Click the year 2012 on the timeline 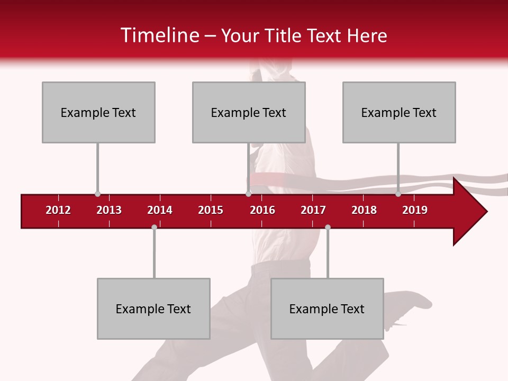coord(58,210)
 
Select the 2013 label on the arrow coord(109,210)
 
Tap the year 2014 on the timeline coord(160,210)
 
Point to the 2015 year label coord(211,210)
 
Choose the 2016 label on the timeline coord(262,210)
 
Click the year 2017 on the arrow coord(313,210)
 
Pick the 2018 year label coord(364,210)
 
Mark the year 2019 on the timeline coord(415,210)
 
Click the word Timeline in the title coord(159,35)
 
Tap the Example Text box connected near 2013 coord(98,112)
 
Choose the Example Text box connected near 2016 coord(249,112)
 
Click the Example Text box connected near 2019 coord(399,112)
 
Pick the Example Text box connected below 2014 coord(153,309)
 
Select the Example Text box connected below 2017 coord(327,309)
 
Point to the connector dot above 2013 coord(97,194)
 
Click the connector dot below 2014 coord(154,228)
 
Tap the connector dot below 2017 coord(328,228)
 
